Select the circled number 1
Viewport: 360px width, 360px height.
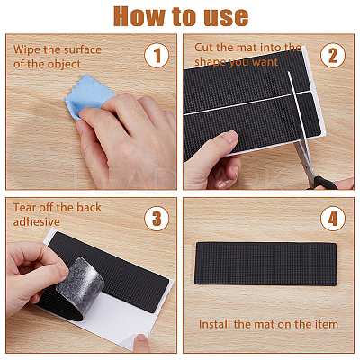coord(157,56)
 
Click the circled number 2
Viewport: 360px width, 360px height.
coord(333,56)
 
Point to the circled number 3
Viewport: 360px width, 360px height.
coord(157,218)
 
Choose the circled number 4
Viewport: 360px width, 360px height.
coord(333,218)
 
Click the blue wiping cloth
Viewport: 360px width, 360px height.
coord(87,95)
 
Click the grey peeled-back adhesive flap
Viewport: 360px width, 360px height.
coord(80,283)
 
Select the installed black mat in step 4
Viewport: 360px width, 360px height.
coord(266,264)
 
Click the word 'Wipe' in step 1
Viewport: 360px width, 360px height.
coord(27,49)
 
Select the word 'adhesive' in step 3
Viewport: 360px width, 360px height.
coord(37,221)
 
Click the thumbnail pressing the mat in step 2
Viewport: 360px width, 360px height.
coord(230,136)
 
